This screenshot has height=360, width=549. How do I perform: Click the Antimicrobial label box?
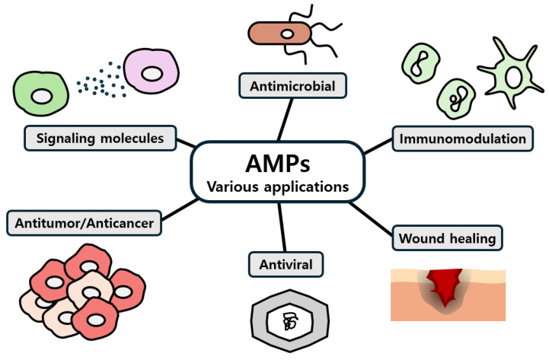(x=292, y=86)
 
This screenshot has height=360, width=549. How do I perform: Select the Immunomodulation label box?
(x=462, y=139)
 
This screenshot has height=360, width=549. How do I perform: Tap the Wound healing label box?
(x=447, y=238)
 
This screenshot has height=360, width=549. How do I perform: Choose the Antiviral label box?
(x=286, y=265)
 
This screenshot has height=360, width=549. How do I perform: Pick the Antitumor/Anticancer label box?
(x=84, y=223)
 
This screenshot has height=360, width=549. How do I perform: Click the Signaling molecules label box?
(x=101, y=139)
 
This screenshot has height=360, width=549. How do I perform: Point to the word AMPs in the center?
(x=278, y=164)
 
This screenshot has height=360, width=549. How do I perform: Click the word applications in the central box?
(x=306, y=187)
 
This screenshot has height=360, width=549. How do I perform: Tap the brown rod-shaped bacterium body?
(x=279, y=33)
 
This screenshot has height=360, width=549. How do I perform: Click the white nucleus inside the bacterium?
(x=287, y=34)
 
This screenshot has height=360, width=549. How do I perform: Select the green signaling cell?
(x=40, y=94)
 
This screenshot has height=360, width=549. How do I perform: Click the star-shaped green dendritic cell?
(x=511, y=74)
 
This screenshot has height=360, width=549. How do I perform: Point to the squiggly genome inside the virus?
(x=290, y=322)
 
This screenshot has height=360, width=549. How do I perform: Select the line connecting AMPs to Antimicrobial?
(x=285, y=119)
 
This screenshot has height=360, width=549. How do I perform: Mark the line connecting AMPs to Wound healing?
(x=371, y=219)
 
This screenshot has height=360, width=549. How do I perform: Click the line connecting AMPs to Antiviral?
(x=282, y=227)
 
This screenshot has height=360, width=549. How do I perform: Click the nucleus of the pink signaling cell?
(x=152, y=74)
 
